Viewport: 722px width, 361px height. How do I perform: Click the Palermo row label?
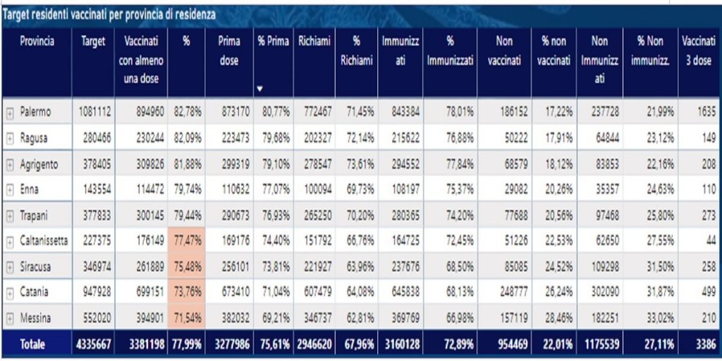pyautogui.click(x=36, y=111)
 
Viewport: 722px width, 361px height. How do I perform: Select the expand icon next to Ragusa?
pyautogui.click(x=10, y=138)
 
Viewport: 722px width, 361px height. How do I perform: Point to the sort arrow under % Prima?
pyautogui.click(x=260, y=89)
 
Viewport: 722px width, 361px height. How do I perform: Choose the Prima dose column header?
pyautogui.click(x=228, y=51)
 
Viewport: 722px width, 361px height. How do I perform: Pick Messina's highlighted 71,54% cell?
pyautogui.click(x=188, y=319)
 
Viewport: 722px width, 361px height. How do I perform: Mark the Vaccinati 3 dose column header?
pyautogui.click(x=698, y=51)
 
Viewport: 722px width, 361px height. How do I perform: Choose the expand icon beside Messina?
pyautogui.click(x=10, y=319)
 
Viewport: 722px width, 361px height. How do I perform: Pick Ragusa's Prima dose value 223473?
pyautogui.click(x=233, y=138)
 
